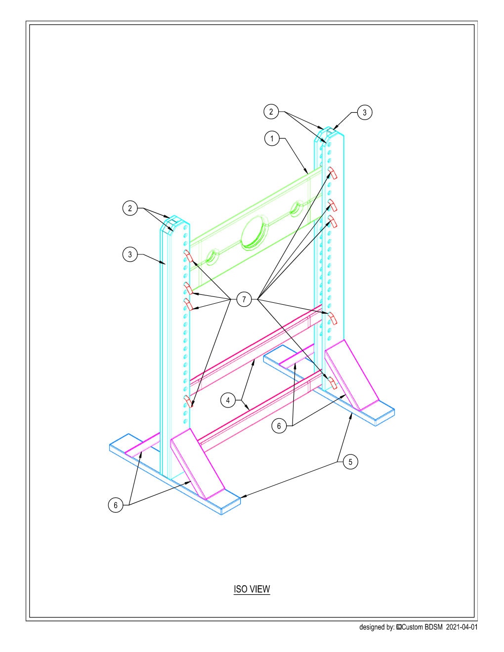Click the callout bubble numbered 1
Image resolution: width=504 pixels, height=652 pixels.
coord(272,138)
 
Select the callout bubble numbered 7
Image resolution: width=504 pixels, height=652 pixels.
coord(244,299)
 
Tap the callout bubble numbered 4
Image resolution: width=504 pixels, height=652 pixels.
coord(228,400)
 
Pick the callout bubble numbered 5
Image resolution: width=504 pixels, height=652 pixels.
coord(350,462)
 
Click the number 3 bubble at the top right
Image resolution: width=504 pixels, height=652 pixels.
coord(364,113)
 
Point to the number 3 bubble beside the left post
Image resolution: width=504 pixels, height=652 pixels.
coord(130,255)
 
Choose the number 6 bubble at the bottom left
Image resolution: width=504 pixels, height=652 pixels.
coord(116,505)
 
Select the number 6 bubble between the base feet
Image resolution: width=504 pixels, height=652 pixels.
coord(279,426)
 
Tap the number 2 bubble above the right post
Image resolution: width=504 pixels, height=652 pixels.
coord(271,112)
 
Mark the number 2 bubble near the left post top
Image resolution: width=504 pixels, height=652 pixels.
coord(130,208)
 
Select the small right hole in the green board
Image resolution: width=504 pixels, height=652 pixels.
coord(297,207)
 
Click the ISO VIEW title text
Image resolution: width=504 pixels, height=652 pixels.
coord(252,589)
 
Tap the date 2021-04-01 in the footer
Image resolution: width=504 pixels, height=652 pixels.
coord(462,627)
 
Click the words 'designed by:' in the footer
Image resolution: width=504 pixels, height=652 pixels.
coord(377,627)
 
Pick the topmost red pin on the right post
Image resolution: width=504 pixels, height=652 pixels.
coord(332,173)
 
